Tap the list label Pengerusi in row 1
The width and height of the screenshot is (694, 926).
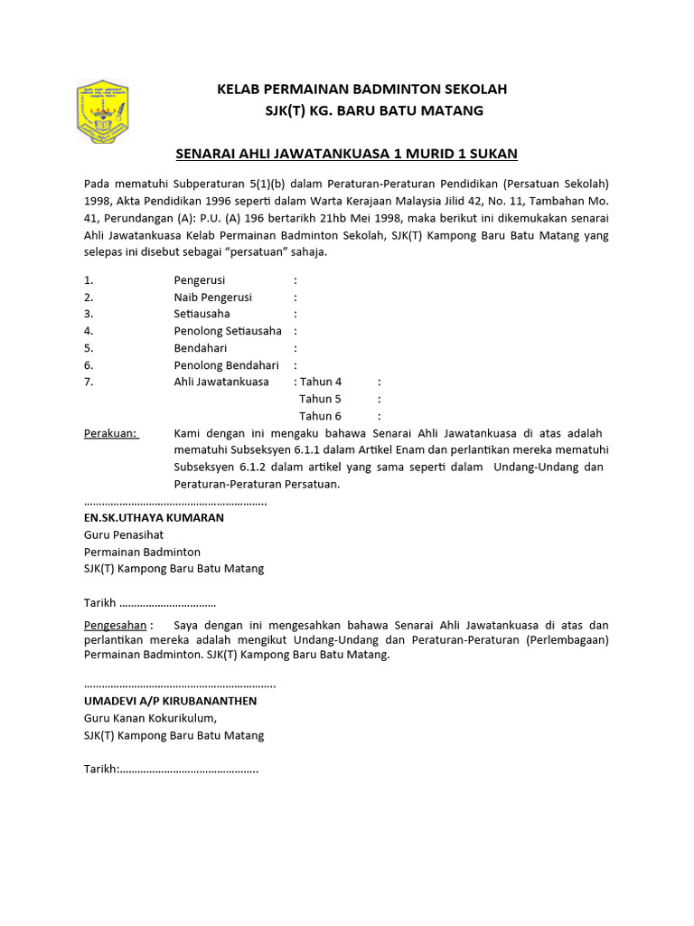[x=200, y=280]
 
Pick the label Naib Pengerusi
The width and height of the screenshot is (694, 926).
[x=213, y=298]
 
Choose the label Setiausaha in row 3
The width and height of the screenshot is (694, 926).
[x=202, y=314]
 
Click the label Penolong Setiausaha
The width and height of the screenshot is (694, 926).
[x=228, y=331]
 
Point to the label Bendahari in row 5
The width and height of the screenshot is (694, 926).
[x=201, y=348]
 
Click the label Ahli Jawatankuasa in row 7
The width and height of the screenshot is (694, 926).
[x=221, y=382]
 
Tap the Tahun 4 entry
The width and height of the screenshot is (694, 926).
[x=321, y=382]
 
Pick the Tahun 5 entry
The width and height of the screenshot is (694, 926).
[x=321, y=399]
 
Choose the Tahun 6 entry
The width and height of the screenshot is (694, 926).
[x=321, y=416]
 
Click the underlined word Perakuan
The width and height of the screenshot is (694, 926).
[x=111, y=433]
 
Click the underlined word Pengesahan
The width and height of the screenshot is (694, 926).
[x=116, y=625]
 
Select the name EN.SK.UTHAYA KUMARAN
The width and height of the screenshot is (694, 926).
[x=154, y=518]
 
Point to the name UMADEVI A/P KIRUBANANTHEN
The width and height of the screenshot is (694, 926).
[x=170, y=701]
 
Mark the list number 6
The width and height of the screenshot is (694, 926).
[x=89, y=365]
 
